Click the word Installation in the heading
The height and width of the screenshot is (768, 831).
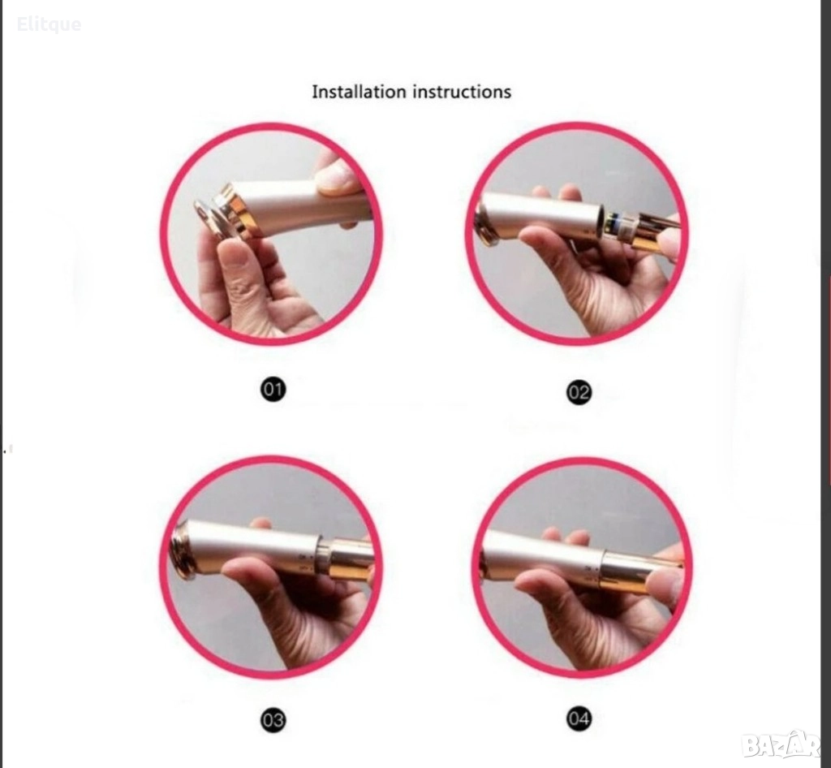[359, 92]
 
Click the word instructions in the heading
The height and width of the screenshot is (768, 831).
[462, 92]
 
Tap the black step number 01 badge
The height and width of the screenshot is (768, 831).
[273, 390]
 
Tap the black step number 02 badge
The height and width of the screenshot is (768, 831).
[579, 392]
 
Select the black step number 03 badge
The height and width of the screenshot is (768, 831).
[273, 720]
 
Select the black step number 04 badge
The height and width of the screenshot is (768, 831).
[579, 718]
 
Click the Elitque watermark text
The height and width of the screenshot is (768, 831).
[49, 24]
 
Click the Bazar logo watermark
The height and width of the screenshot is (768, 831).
[781, 744]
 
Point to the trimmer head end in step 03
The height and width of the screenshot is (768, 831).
[181, 550]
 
